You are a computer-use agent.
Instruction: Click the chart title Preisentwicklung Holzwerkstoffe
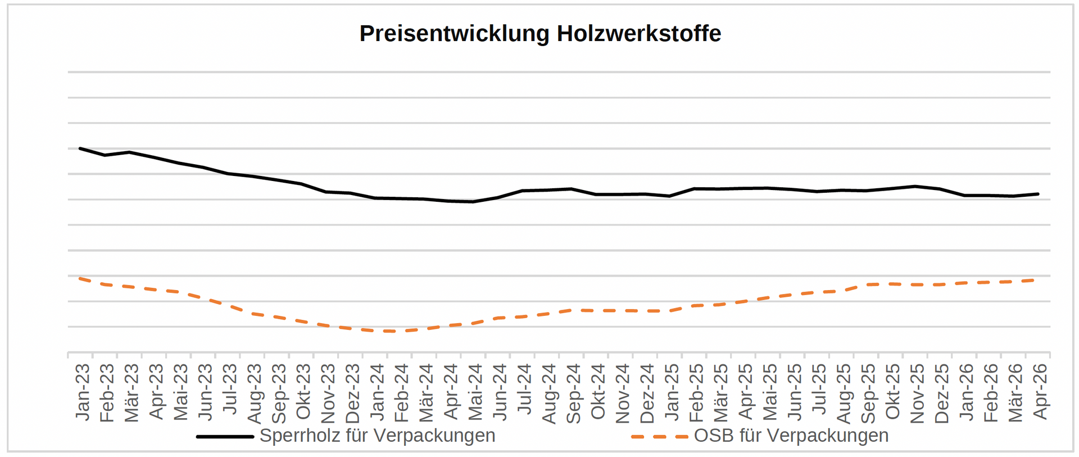tap(539, 34)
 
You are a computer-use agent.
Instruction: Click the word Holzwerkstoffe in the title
tap(638, 34)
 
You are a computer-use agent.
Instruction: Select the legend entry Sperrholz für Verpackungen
tap(377, 436)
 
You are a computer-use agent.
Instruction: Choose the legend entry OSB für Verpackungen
tap(791, 436)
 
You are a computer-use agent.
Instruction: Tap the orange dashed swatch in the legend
tap(659, 436)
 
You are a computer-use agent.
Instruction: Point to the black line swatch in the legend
tap(225, 436)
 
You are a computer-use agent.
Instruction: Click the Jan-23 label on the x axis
tap(83, 392)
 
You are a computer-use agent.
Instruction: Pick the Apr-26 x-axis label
tap(1040, 392)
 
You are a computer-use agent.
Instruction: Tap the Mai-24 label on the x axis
tap(475, 392)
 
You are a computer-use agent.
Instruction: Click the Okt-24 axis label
tap(598, 392)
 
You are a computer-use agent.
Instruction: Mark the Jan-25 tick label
tap(672, 392)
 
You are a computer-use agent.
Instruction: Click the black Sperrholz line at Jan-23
tap(80, 148)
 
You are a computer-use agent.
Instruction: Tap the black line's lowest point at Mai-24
tap(473, 201)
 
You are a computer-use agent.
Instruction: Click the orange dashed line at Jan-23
tap(80, 278)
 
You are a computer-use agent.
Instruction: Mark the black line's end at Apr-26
tap(1038, 194)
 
